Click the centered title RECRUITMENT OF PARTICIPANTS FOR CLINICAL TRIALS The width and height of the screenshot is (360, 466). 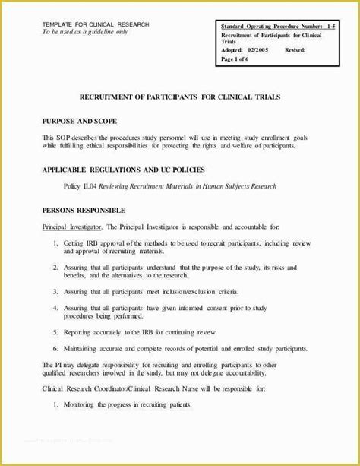coord(179,98)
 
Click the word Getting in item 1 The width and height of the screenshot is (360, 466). coord(77,243)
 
